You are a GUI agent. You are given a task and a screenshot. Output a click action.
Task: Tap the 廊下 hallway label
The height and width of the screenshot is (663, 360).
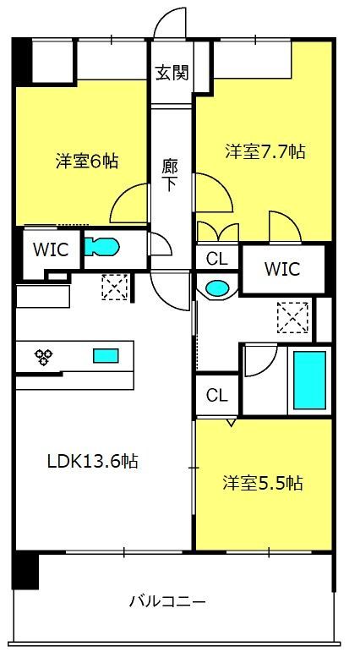(169, 174)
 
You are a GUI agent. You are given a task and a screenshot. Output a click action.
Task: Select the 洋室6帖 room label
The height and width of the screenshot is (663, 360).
(86, 162)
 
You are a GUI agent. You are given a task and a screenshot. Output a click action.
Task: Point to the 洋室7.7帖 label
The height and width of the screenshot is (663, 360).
(265, 151)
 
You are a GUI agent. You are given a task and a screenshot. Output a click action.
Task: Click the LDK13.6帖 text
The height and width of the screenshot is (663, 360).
(92, 460)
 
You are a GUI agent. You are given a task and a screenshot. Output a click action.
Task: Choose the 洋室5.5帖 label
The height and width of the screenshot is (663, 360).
(263, 482)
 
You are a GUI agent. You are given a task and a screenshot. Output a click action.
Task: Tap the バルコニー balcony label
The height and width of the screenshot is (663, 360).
(167, 600)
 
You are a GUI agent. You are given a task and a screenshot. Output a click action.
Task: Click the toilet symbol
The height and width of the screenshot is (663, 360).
(101, 247)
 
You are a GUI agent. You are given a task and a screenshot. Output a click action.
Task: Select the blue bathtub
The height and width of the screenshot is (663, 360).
(309, 381)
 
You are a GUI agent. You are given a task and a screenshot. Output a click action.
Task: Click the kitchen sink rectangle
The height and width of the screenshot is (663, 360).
(106, 355)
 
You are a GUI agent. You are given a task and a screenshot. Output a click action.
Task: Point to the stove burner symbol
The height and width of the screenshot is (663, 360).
(43, 357)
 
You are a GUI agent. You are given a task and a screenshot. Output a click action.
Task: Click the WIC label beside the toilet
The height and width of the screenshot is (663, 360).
(51, 250)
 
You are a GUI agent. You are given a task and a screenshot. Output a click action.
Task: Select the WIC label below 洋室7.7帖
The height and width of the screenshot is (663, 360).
(282, 269)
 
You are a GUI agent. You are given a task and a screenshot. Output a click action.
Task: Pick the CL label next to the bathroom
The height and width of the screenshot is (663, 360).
(217, 396)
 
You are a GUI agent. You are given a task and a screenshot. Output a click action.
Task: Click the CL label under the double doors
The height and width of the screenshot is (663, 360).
(217, 259)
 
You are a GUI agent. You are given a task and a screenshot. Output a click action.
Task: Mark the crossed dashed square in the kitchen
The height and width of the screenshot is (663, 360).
(115, 288)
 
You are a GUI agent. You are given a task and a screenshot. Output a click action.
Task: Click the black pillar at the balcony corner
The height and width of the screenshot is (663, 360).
(25, 570)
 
